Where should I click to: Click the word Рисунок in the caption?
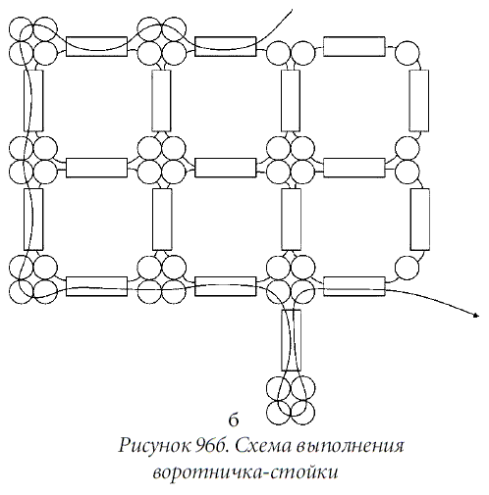coord(154,446)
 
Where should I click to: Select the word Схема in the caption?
coord(262,446)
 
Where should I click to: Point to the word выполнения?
coord(350,446)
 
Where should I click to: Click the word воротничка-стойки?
coord(245,472)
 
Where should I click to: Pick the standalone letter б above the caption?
coord(234,421)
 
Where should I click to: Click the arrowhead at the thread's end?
coord(476,315)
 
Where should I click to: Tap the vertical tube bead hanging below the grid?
coord(291,340)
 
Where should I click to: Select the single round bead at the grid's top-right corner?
coord(407,52)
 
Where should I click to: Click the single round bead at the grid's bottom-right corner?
coord(407,268)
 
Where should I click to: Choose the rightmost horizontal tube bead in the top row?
coord(354,46)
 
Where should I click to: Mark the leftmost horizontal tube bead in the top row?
coord(96,46)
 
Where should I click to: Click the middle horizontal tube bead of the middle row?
coord(226,168)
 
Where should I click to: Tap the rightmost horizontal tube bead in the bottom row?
coord(354,286)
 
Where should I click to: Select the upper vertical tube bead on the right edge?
coord(419,101)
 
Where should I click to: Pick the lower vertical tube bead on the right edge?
coord(420,220)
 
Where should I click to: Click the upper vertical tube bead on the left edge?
coord(33,101)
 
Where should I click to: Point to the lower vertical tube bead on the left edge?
coord(33,220)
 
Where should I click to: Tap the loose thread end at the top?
coord(291,11)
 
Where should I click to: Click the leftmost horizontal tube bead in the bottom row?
coord(96,286)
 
